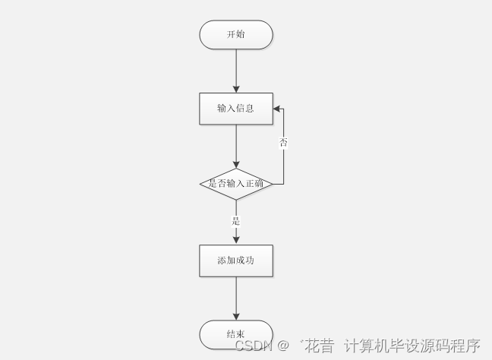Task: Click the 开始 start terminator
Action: point(235,35)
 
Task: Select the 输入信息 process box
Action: point(235,109)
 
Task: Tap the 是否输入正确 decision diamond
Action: point(235,184)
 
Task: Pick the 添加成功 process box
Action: point(235,261)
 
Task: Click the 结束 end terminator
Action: point(235,334)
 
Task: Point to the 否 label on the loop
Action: point(283,143)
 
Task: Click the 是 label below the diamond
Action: point(236,221)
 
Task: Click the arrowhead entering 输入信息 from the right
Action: point(277,109)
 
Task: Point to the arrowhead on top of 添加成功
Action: point(236,240)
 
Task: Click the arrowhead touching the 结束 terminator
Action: point(236,316)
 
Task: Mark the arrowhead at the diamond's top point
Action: point(236,164)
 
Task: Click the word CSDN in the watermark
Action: point(253,346)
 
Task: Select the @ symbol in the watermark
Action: point(282,346)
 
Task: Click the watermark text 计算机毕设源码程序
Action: point(412,346)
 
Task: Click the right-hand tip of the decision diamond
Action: point(272,184)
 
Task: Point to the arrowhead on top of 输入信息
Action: point(236,89)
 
